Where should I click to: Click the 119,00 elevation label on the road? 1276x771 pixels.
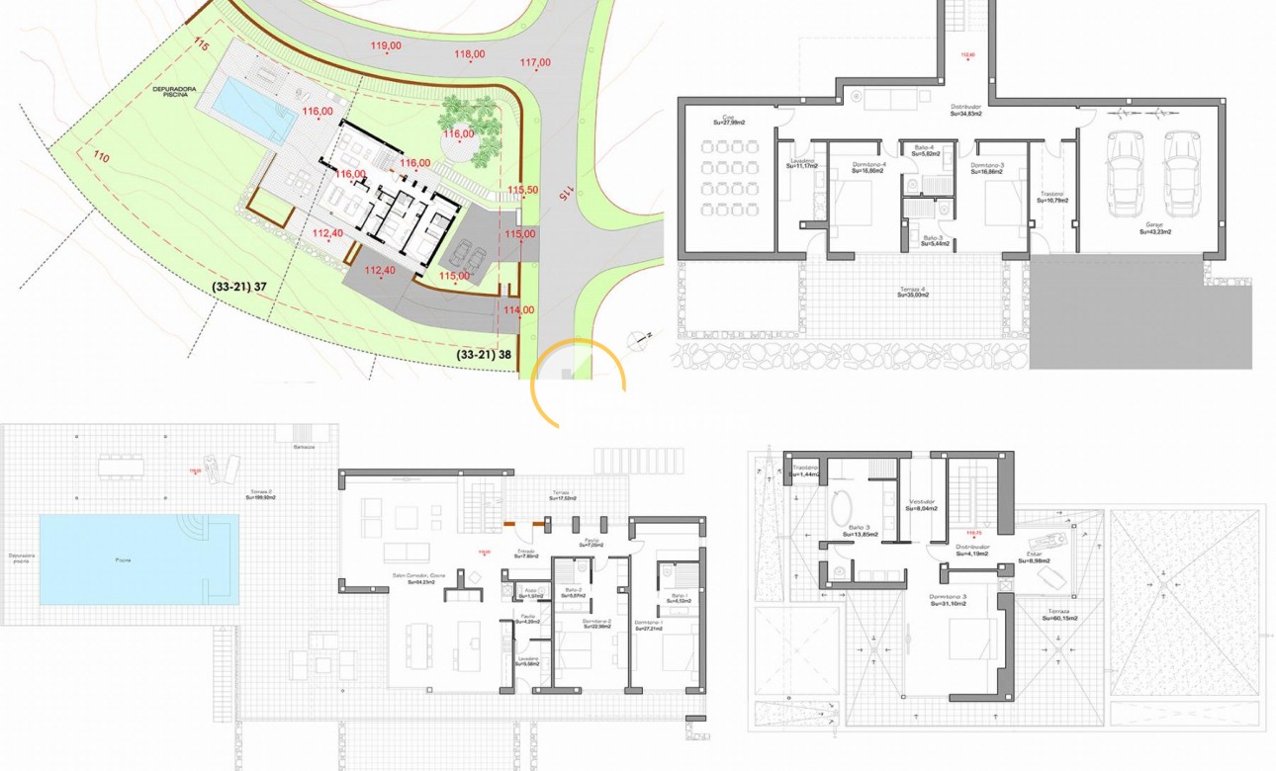(x=386, y=45)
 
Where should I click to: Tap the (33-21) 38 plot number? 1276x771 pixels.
(x=485, y=353)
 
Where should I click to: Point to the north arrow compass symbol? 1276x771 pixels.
(x=645, y=336)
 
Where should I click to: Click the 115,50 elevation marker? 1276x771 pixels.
(x=522, y=190)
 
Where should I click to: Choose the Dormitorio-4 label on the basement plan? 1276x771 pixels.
(x=852, y=168)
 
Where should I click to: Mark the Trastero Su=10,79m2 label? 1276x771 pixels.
(x=1051, y=197)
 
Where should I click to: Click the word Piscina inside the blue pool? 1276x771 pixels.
(x=123, y=560)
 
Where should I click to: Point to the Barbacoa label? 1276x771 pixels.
(x=304, y=447)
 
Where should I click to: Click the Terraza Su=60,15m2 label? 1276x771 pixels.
(x=1062, y=615)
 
